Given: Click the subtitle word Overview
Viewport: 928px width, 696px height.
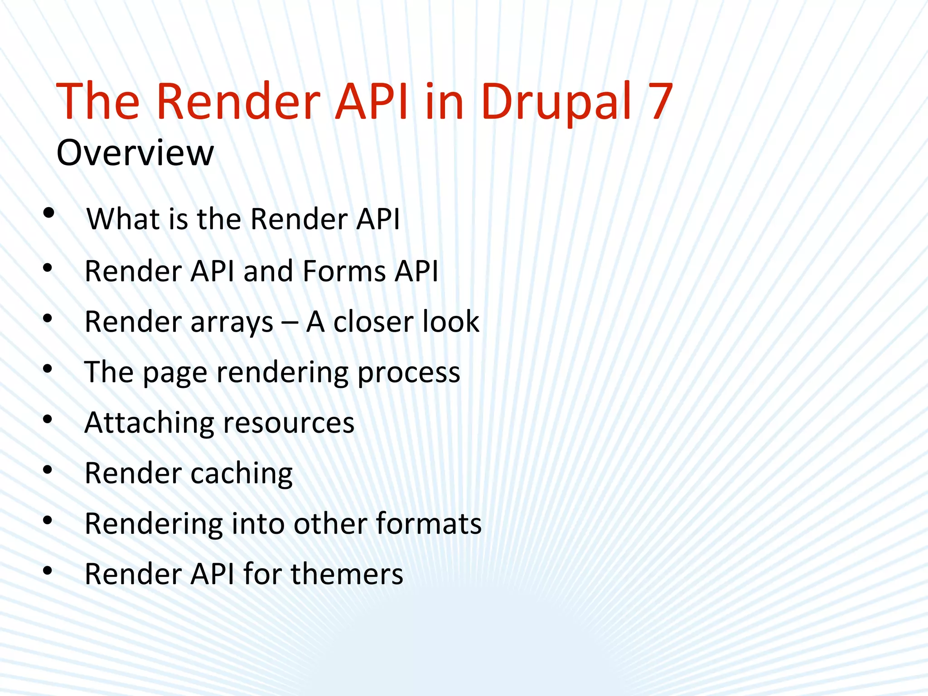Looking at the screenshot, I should tap(135, 153).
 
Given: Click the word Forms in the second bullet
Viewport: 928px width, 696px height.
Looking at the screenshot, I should tap(344, 271).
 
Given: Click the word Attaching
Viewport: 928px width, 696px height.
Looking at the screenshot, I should tap(149, 423).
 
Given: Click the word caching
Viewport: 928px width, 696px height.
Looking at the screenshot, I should tap(242, 474).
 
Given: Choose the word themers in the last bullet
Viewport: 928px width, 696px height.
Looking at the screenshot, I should tap(347, 575).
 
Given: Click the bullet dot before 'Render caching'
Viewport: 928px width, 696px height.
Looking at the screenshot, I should tap(48, 470).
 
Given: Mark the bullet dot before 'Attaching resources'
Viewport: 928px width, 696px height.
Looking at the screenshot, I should tap(48, 420).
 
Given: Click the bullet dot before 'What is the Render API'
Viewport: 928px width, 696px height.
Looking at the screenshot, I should tap(48, 213).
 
